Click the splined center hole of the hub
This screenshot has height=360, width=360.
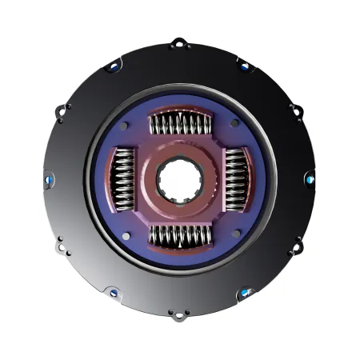180,180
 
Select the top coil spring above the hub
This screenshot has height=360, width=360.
180,125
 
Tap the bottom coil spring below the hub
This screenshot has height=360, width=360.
180,235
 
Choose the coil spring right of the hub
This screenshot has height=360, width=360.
235,180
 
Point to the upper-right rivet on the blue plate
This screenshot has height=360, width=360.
233,124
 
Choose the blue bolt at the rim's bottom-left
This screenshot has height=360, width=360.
114,294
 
